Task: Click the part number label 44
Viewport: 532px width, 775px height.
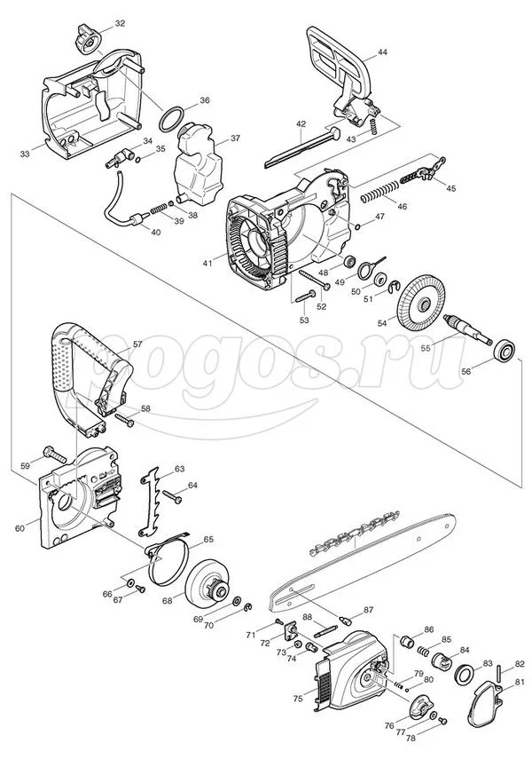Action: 382,51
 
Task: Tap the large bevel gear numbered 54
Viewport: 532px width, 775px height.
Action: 419,303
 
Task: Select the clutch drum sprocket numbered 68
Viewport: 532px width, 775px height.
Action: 208,585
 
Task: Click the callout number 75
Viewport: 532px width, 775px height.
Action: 298,699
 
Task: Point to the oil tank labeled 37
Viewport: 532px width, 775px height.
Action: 199,164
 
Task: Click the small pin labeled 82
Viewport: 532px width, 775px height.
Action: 499,674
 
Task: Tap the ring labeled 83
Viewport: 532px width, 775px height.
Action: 465,674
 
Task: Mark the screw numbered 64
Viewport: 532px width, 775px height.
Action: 171,495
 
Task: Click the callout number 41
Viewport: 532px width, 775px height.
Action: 207,264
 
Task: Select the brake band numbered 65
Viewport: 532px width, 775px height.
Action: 167,557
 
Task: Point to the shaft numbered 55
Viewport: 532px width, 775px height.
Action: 467,328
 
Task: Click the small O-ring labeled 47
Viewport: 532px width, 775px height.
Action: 356,226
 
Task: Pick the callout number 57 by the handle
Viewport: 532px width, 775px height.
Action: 137,344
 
